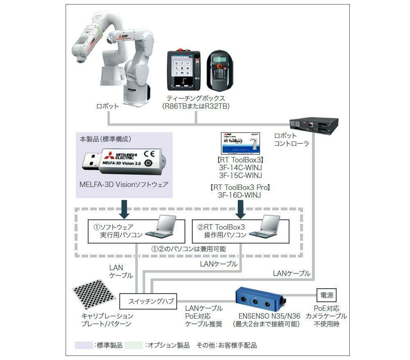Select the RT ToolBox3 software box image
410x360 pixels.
point(241,143)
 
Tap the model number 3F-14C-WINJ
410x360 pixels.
point(240,168)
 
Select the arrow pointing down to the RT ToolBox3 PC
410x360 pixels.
point(241,209)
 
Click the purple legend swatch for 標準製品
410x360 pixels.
point(84,345)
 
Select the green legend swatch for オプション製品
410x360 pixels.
point(133,345)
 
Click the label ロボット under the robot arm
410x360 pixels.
point(107,106)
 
